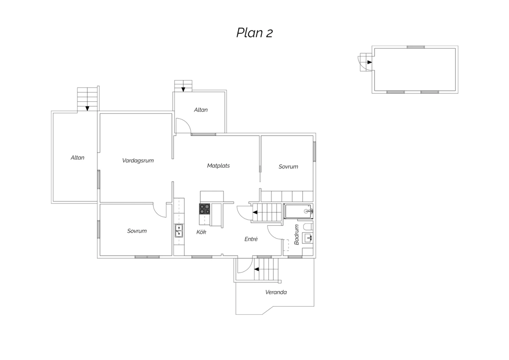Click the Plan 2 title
(254, 33)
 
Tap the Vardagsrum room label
(138, 161)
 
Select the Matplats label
(219, 165)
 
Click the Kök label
(201, 232)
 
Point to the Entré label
(251, 239)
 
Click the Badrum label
(296, 234)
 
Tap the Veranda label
(276, 292)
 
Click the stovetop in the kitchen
(205, 209)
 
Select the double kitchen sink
(179, 231)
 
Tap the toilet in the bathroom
(308, 227)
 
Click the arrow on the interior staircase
(255, 212)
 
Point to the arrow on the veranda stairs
(256, 269)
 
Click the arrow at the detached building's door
(370, 62)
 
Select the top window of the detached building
(416, 47)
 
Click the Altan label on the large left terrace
(77, 158)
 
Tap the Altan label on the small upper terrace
(201, 110)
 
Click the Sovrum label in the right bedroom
(288, 167)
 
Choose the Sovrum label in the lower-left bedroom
(137, 231)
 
